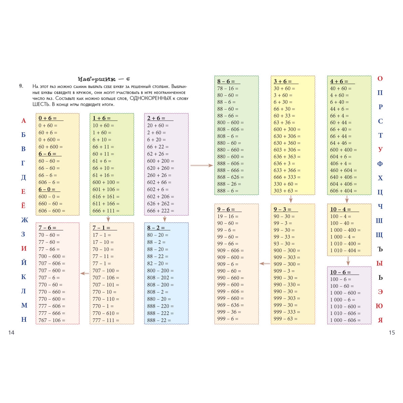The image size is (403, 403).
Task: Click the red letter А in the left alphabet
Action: [24, 121]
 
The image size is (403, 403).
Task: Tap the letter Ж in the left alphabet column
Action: [25, 220]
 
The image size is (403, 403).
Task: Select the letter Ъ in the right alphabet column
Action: [380, 249]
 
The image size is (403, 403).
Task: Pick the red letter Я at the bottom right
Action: [380, 320]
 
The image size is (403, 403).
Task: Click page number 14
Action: [11, 332]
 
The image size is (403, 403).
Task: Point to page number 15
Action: [392, 332]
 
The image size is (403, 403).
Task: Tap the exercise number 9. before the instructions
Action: [21, 86]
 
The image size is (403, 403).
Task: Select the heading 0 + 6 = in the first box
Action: [48, 118]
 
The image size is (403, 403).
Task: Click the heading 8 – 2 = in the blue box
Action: [156, 228]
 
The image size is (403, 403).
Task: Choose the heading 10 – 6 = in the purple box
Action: [341, 272]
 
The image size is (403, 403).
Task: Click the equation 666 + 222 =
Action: [161, 211]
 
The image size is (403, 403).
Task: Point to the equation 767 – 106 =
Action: [52, 320]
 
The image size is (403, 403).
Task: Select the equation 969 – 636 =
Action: [230, 305]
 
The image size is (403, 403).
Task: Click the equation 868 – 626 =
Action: [230, 177]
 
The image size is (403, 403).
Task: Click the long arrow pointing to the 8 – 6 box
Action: [201, 165]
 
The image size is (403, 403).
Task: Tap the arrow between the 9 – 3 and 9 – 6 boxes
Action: [265, 264]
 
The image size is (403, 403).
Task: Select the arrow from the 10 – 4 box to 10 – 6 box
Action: [348, 261]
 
